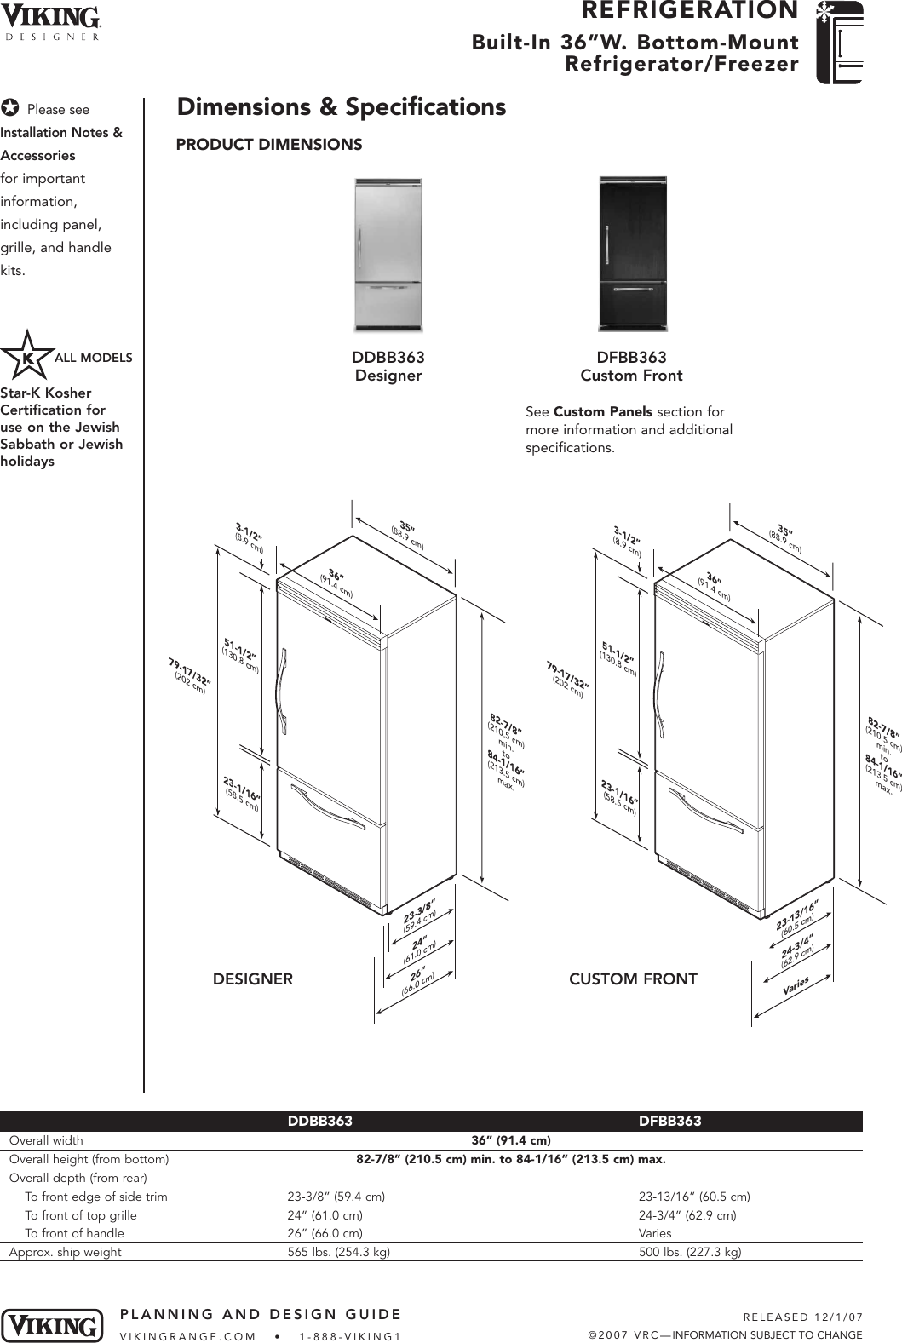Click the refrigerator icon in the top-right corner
pyautogui.click(x=839, y=43)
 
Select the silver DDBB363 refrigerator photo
pyautogui.click(x=388, y=255)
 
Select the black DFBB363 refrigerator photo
pyautogui.click(x=632, y=253)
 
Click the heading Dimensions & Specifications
pyautogui.click(x=341, y=107)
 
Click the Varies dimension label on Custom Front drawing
pyautogui.click(x=795, y=987)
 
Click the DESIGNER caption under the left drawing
pyautogui.click(x=252, y=979)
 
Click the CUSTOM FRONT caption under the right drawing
pyautogui.click(x=633, y=979)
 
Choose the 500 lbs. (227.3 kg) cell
pyautogui.click(x=690, y=1252)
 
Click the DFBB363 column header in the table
pyautogui.click(x=669, y=1122)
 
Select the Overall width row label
pyautogui.click(x=47, y=1140)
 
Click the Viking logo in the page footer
pyautogui.click(x=53, y=1325)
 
